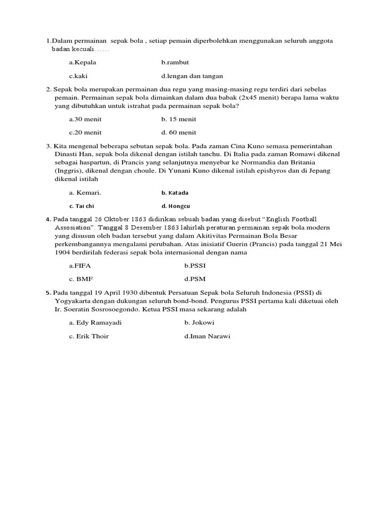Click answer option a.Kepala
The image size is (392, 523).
coord(83,62)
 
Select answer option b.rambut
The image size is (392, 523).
coord(175,62)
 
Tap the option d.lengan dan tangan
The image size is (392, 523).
coord(192,76)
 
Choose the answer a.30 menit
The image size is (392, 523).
coord(85,119)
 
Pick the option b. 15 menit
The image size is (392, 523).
coord(179,119)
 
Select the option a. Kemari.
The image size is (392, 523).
coord(85,193)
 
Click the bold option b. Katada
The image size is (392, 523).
coord(175,193)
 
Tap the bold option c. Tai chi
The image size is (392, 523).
coord(82,206)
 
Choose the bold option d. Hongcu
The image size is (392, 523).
coord(175,206)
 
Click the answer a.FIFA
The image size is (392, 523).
coord(81,266)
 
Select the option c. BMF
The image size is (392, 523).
coord(81,279)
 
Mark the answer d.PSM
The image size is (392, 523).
coord(195,279)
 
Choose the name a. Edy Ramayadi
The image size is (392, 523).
coord(95,323)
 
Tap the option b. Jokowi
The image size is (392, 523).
coord(199,323)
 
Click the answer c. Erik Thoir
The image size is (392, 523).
coord(89,336)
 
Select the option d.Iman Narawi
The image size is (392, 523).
coord(207,336)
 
